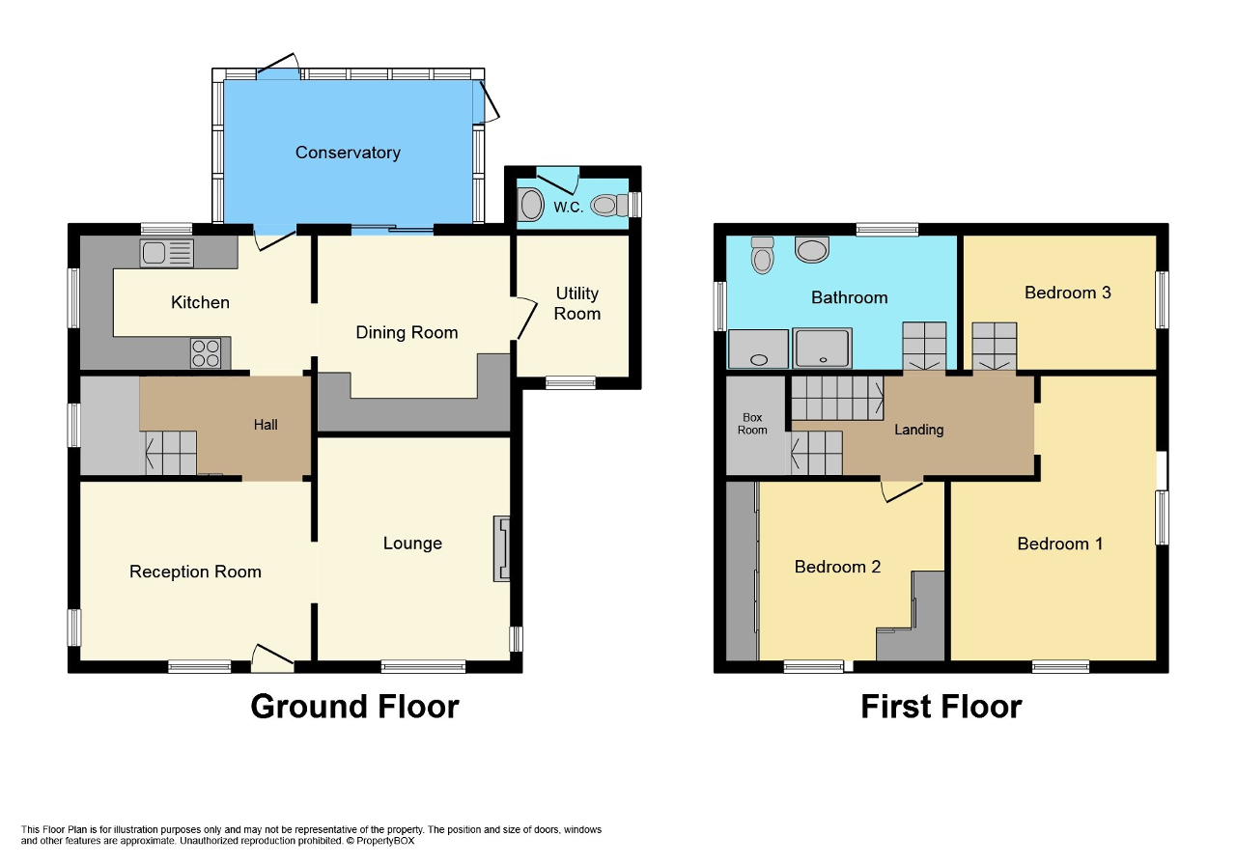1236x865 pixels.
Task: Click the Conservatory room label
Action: coord(348,153)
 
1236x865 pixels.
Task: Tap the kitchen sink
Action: coord(166,253)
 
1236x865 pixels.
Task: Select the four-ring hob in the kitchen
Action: coord(206,353)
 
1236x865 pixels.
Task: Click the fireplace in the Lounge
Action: coord(501,548)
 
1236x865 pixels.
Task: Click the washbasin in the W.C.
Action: coord(531,205)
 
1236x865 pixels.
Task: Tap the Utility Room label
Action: coord(577,303)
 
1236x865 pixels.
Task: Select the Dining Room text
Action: coord(407,332)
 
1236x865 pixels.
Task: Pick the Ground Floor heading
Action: coord(354,707)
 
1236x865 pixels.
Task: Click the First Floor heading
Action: coord(941,707)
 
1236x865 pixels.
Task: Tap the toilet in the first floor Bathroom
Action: coord(763,256)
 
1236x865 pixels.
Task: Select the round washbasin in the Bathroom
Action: coord(812,250)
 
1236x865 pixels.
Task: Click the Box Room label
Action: coord(752,424)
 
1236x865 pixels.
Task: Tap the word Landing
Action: coord(918,430)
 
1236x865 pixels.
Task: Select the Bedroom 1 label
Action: coord(1059,544)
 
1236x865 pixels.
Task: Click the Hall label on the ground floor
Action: coord(266,425)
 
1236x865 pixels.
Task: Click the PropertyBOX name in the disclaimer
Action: coord(386,841)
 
